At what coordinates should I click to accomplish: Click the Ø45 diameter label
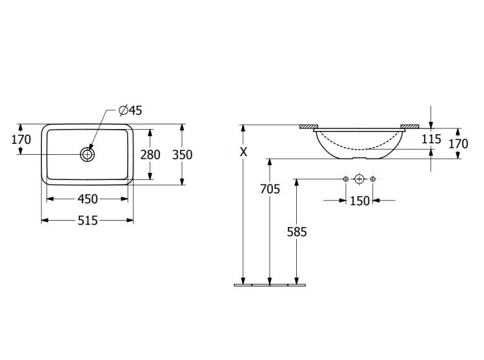(130, 110)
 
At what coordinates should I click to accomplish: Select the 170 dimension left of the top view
(21, 140)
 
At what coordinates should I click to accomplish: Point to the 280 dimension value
(150, 155)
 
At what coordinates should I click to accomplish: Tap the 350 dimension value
(182, 155)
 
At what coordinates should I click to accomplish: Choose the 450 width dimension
(88, 199)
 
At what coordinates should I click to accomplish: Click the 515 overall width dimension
(88, 220)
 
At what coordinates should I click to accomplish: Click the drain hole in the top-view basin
(87, 154)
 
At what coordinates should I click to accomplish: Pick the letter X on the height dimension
(244, 152)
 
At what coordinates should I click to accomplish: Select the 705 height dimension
(270, 189)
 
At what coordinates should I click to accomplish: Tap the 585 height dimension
(297, 232)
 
